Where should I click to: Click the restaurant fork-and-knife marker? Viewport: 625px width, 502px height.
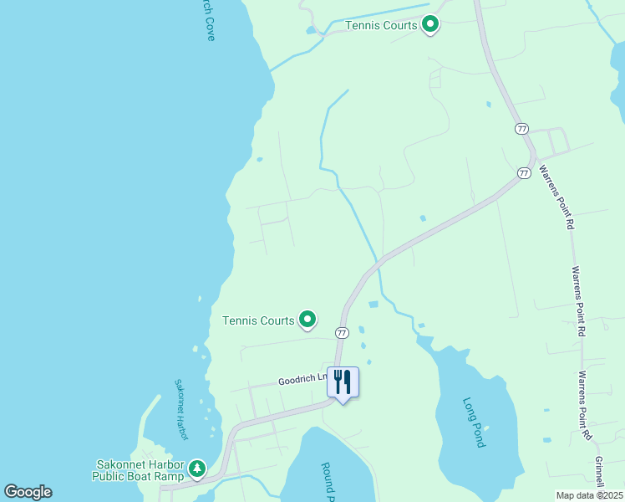coord(343,382)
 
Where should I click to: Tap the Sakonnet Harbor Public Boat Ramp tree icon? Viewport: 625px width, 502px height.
coord(197,468)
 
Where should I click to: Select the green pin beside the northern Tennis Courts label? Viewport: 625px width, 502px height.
coord(430,24)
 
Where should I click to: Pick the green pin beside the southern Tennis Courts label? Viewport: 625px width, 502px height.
coord(307,319)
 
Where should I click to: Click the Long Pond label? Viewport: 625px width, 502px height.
coord(474,422)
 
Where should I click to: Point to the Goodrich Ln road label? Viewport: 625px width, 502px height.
coord(302,379)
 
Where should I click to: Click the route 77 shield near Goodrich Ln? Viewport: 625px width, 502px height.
coord(341,333)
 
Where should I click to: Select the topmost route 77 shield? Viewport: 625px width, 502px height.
coord(522,129)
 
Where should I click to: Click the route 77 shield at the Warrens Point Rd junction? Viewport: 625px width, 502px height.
coord(524,173)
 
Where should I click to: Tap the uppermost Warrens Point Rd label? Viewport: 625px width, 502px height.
coord(556,197)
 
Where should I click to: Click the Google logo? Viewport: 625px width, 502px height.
coord(28,492)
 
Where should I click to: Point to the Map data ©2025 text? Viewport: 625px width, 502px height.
coord(589,495)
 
